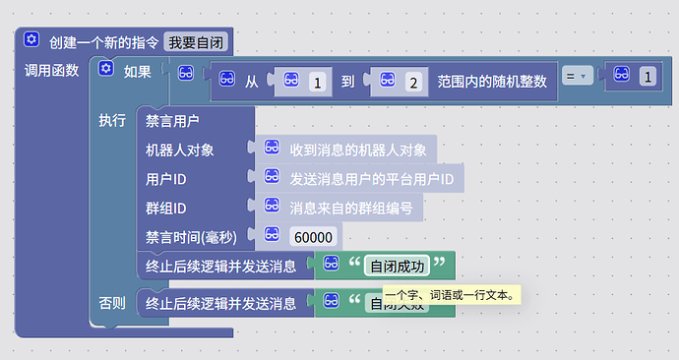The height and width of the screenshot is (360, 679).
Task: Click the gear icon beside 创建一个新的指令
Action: [x=31, y=40]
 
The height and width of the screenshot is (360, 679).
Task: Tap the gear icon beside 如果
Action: [x=106, y=70]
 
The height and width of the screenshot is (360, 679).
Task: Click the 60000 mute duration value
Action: [x=314, y=236]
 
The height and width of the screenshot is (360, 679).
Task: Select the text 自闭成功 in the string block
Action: [x=397, y=266]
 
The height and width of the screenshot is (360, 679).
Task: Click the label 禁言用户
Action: [x=172, y=121]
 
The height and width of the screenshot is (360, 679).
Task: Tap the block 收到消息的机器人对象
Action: [x=357, y=150]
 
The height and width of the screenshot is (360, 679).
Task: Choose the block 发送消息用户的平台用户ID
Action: [x=371, y=179]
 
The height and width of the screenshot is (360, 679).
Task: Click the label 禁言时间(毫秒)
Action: [x=192, y=236]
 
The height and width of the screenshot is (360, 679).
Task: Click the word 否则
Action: [x=112, y=303]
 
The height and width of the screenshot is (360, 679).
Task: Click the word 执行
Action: [x=112, y=121]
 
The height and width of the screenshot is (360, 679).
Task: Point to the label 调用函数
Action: [x=50, y=71]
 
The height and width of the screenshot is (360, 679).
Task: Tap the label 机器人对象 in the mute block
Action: [x=179, y=150]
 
